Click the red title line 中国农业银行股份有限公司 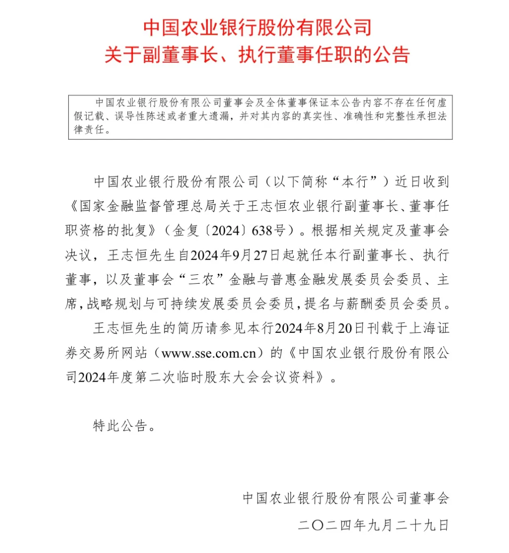[x=257, y=27]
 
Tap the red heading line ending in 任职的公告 [x=257, y=55]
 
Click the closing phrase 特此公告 [x=121, y=426]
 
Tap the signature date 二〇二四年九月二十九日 [x=373, y=525]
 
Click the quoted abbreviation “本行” [x=354, y=182]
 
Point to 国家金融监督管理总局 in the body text [x=148, y=206]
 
